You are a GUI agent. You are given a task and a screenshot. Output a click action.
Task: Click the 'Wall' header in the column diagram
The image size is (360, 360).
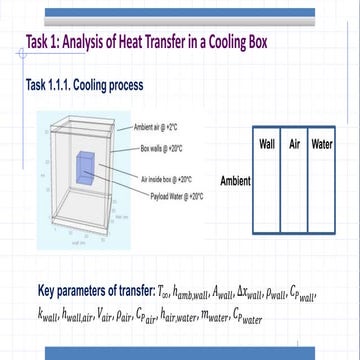267,145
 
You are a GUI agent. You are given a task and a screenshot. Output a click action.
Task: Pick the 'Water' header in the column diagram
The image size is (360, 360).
322,145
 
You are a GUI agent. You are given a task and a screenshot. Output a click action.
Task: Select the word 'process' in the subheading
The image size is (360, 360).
126,85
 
